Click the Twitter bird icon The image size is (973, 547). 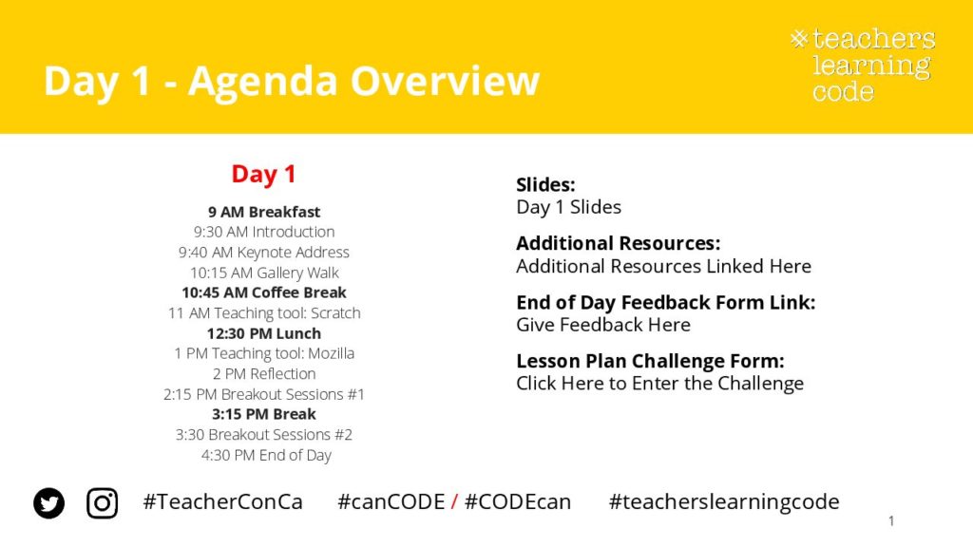click(49, 503)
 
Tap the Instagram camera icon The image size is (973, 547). click(103, 503)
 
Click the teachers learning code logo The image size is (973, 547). click(863, 65)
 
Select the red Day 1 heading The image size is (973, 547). click(264, 175)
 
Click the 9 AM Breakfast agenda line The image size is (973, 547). click(264, 212)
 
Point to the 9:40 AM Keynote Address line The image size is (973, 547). click(264, 253)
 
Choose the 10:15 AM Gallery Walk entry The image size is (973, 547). click(264, 273)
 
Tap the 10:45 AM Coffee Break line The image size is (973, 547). click(264, 292)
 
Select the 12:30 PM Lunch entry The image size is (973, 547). click(264, 333)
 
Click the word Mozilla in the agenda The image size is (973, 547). click(332, 353)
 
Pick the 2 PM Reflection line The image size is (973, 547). click(264, 374)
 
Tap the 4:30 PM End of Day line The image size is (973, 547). click(266, 455)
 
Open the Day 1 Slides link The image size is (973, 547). click(568, 207)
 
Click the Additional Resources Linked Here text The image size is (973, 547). click(663, 266)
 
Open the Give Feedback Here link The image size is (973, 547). click(603, 325)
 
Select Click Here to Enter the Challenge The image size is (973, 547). click(659, 384)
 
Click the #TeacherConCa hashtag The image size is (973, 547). click(222, 501)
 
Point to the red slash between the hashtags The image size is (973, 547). click(454, 501)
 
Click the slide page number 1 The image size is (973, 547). click(891, 521)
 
